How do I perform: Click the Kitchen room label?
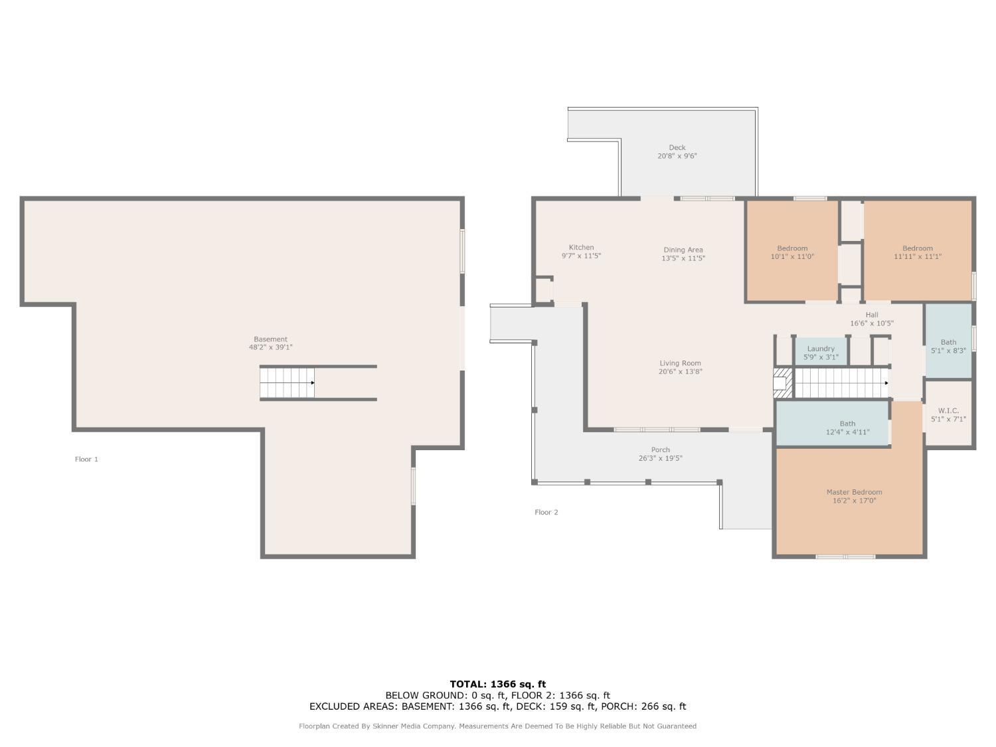581,247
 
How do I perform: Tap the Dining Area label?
683,250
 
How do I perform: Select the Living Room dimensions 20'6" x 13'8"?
680,371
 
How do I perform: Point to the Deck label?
677,147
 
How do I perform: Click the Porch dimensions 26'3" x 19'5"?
660,458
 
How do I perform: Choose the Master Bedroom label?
854,492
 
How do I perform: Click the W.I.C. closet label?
948,410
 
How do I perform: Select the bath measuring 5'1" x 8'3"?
948,341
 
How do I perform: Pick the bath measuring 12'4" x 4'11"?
832,423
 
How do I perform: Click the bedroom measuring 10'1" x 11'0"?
792,251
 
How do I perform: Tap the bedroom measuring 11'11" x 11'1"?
917,251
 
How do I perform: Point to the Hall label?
872,315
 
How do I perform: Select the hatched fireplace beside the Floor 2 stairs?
782,383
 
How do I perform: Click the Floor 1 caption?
86,459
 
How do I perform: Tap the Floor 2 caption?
546,512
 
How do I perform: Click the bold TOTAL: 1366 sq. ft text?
498,684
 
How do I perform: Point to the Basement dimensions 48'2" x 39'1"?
270,347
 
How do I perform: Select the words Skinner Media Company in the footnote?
414,726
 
